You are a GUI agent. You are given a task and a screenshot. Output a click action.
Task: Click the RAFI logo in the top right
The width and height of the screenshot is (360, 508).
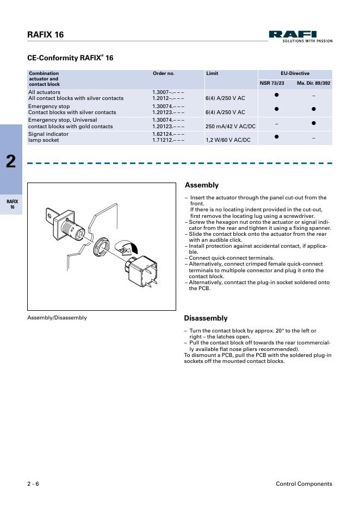point(300,35)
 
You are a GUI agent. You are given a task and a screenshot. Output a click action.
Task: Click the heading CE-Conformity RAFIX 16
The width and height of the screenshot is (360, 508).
point(70,58)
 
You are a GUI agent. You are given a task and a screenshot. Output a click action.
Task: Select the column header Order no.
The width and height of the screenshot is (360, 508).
point(163,73)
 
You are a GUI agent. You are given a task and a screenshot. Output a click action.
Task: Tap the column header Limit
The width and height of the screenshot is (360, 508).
point(212,73)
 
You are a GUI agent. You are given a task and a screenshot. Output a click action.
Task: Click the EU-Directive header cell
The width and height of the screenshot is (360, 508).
point(295,73)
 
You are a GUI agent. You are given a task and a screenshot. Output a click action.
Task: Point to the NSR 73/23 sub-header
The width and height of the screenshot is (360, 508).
point(272,84)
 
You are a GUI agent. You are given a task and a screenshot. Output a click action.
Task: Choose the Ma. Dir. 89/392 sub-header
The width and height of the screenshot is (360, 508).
point(314,84)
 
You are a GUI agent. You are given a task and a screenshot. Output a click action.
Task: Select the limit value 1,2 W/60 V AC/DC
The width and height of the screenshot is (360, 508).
point(228,140)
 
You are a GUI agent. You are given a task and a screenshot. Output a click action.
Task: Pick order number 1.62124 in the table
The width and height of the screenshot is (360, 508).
point(168,134)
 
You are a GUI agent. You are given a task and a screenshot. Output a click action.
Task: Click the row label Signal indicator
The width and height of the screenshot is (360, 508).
point(48,134)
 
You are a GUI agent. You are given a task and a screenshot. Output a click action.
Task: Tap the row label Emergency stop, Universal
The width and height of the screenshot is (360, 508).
point(63,120)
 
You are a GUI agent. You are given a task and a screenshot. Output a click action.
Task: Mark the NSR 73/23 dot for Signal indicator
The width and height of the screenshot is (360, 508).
point(276,137)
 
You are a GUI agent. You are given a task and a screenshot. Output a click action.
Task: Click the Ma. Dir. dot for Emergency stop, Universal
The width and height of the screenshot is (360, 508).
point(314,123)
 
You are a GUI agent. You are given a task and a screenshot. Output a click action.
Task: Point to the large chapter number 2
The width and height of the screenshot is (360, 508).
point(11,161)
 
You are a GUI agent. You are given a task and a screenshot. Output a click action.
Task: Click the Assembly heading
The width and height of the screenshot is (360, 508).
point(202,185)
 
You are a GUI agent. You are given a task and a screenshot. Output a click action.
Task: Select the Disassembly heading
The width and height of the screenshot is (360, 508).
point(206,318)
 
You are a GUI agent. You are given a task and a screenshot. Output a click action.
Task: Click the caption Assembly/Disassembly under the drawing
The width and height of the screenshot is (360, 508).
point(57,318)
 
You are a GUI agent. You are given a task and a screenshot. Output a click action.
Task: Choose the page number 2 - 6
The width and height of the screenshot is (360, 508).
point(33,484)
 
